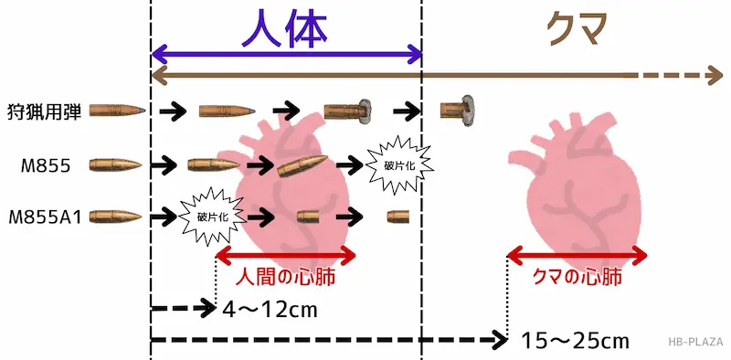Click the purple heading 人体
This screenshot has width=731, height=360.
coord(284,29)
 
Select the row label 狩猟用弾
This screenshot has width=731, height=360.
coord(45,111)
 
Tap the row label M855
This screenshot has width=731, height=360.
coord(43,165)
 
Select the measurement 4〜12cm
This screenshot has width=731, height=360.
coord(270,309)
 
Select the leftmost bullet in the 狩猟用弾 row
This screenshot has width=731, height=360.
coord(117,111)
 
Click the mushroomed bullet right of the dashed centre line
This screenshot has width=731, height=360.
coord(457,111)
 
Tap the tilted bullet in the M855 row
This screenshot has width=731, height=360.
coord(302,164)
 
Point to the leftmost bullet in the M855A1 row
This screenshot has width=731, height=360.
coord(115,217)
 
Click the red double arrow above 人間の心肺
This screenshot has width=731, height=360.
coord(283,253)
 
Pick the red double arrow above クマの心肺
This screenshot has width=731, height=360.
coord(577,253)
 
